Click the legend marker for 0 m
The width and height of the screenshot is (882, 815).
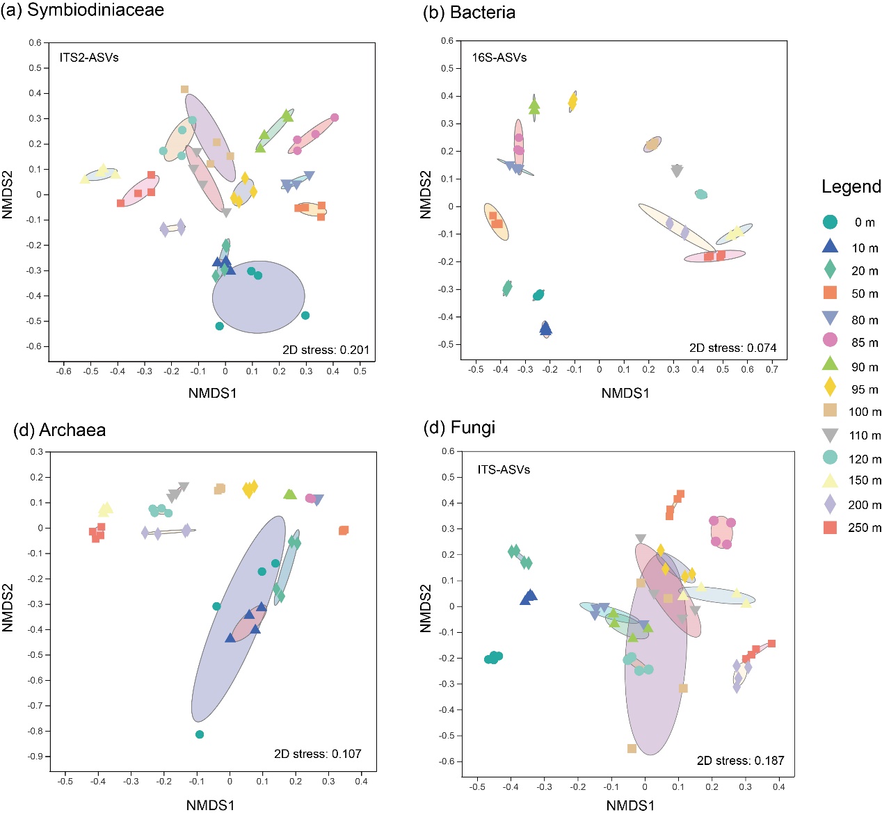(830, 222)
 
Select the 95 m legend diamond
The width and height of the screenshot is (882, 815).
(830, 388)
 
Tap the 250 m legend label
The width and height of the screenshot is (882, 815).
(865, 528)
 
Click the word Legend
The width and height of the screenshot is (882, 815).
(851, 186)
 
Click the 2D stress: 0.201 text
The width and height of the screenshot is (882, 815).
(326, 350)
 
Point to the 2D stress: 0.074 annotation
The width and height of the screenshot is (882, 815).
(732, 348)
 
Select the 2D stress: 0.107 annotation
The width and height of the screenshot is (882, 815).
(317, 754)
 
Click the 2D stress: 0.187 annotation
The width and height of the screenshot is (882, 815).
(740, 761)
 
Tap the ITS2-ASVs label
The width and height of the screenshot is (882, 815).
(89, 58)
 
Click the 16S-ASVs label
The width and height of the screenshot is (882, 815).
(499, 58)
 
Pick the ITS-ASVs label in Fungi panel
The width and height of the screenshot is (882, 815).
(504, 470)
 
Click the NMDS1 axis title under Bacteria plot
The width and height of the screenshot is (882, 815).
(625, 394)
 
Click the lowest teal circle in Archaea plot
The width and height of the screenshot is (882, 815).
(200, 734)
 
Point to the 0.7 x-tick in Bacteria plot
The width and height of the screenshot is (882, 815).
(772, 369)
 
